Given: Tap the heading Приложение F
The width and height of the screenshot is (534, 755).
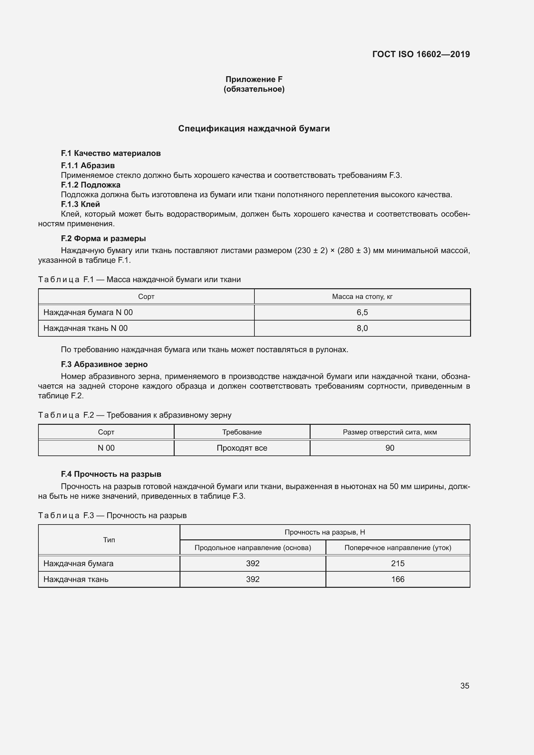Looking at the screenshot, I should point(253,79).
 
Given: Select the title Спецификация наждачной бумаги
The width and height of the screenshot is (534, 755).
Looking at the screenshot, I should point(253,128).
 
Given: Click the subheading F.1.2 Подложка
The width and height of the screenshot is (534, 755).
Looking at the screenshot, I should point(90,185).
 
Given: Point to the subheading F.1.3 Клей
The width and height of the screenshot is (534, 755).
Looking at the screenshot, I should point(80,204).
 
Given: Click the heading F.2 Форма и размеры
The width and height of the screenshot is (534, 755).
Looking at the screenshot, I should point(103,239).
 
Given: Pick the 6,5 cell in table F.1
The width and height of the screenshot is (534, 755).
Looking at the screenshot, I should point(362,312).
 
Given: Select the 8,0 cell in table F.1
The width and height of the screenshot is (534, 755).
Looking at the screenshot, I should point(362,328).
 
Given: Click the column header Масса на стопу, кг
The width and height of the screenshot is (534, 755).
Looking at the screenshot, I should point(362,297).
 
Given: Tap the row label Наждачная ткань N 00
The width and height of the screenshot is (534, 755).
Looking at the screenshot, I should point(86,328).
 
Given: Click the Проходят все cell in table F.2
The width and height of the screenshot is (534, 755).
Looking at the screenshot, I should point(242,448).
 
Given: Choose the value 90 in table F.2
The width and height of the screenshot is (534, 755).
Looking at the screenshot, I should point(390,448).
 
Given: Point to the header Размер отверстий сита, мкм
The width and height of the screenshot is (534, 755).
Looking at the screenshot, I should point(390,432).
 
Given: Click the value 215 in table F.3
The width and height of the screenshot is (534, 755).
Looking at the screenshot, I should point(397,563).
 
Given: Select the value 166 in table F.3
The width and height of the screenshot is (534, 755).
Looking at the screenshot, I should point(397,579).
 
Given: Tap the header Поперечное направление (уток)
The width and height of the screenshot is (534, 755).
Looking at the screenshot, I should point(397,547).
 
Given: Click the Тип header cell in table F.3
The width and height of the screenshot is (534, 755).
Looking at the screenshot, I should point(109,540).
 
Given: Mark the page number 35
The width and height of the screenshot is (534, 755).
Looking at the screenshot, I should point(464,686).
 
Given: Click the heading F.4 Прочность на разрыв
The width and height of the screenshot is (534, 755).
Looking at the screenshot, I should point(111,474).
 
